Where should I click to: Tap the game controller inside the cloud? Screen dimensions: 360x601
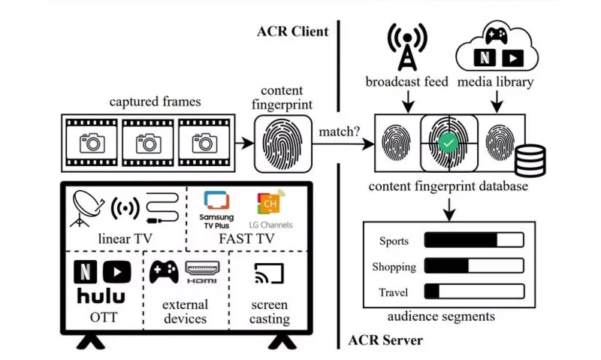[494, 35]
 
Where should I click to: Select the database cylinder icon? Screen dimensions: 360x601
[530, 159]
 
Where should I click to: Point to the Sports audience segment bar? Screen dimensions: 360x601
[474, 241]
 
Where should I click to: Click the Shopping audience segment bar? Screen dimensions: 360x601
[474, 266]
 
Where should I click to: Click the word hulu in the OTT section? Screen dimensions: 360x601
[101, 295]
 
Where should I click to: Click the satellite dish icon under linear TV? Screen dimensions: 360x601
[89, 206]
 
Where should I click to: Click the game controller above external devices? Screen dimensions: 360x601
[163, 271]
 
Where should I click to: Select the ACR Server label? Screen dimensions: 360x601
[385, 340]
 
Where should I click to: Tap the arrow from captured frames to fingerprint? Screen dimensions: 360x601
[243, 141]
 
